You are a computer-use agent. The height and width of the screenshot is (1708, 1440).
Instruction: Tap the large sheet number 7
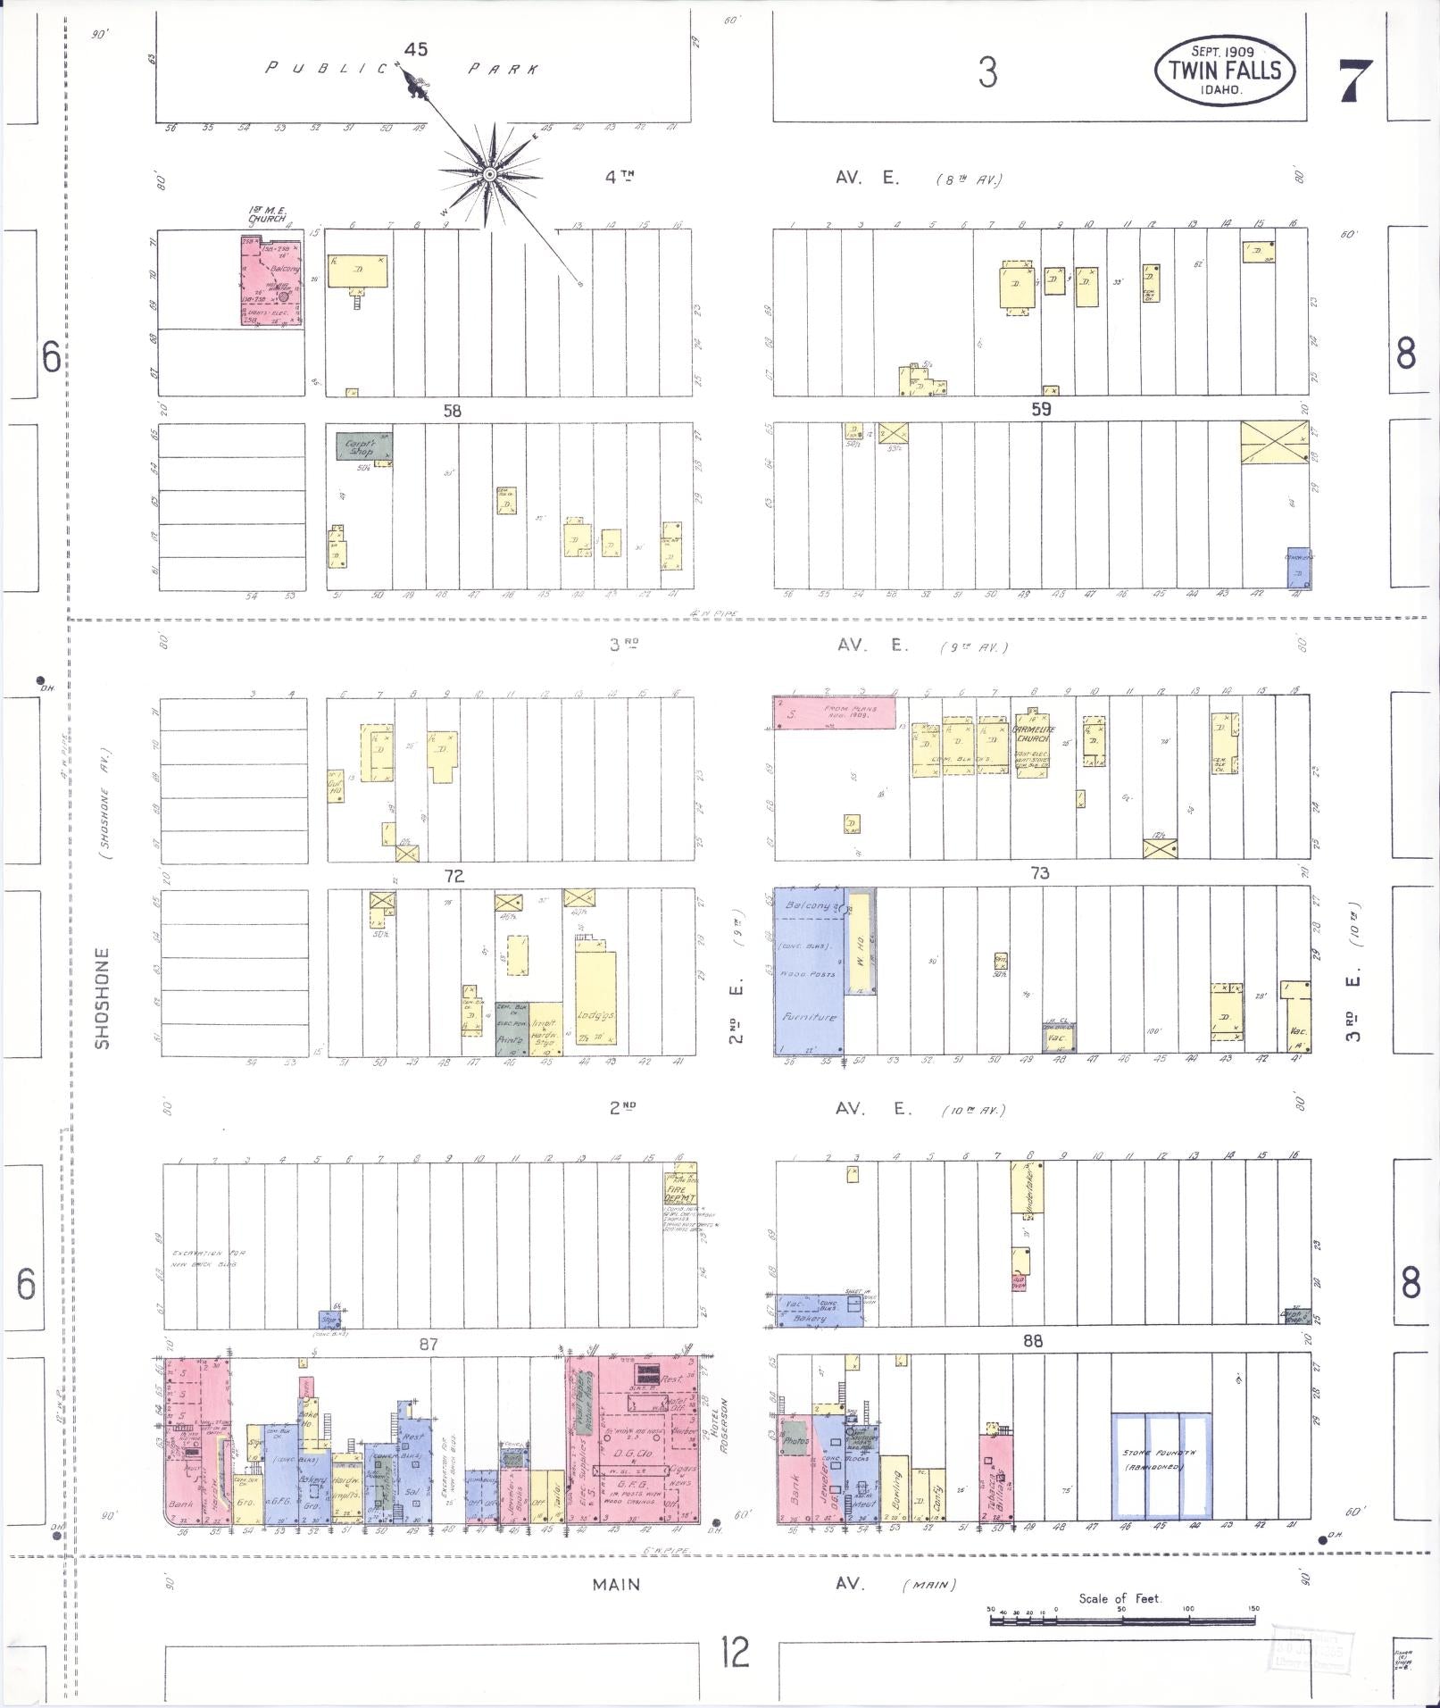[x=1356, y=79]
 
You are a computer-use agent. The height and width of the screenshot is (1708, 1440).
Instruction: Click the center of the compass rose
[x=490, y=173]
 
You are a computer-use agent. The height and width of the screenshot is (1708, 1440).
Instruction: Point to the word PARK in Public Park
[x=503, y=70]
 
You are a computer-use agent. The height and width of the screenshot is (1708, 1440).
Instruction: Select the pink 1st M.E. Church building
[x=271, y=281]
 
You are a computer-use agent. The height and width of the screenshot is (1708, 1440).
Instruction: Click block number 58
[x=452, y=411]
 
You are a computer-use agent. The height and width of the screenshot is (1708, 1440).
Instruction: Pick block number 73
[x=1039, y=872]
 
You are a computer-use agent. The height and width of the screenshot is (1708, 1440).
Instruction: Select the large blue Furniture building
[x=809, y=971]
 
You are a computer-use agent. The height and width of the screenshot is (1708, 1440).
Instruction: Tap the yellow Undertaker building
[x=1027, y=1187]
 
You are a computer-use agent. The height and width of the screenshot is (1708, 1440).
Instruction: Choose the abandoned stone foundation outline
[x=1161, y=1466]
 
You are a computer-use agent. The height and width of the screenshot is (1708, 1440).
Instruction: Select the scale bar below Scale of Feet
[x=1121, y=1619]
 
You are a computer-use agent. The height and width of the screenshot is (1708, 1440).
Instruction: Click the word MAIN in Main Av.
[x=616, y=1584]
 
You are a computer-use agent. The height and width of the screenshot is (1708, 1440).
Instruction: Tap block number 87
[x=429, y=1344]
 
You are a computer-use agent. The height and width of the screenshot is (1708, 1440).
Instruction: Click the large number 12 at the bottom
[x=736, y=1653]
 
